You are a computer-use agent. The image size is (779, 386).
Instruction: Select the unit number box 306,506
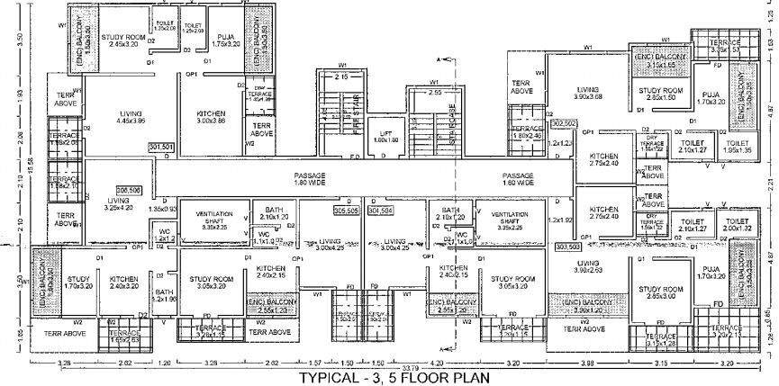pos(129,191)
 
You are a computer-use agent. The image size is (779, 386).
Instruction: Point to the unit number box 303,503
pos(568,246)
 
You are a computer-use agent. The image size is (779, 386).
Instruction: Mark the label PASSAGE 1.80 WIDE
pos(309,180)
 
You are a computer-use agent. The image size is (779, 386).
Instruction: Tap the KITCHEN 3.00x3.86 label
pos(215,117)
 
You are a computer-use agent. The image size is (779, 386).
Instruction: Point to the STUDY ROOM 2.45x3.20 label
pos(124,40)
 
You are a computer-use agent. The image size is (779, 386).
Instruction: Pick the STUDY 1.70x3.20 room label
pos(78,283)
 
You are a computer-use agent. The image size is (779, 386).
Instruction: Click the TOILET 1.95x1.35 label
pos(737,147)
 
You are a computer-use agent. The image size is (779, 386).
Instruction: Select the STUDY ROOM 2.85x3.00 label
pos(663,292)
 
